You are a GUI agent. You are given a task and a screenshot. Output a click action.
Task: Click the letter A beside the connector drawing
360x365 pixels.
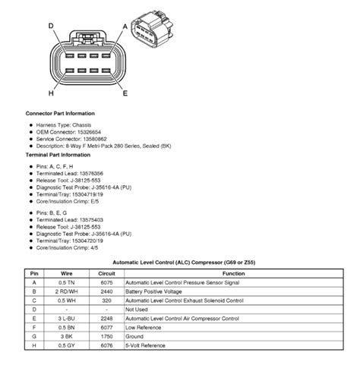125,25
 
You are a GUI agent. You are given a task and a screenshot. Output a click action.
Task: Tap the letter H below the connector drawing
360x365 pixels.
52,94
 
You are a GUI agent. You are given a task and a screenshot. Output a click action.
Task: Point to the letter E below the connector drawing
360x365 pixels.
124,94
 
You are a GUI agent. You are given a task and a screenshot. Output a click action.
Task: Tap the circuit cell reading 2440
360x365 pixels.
107,289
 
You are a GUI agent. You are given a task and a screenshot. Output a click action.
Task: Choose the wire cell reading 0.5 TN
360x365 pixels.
67,281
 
